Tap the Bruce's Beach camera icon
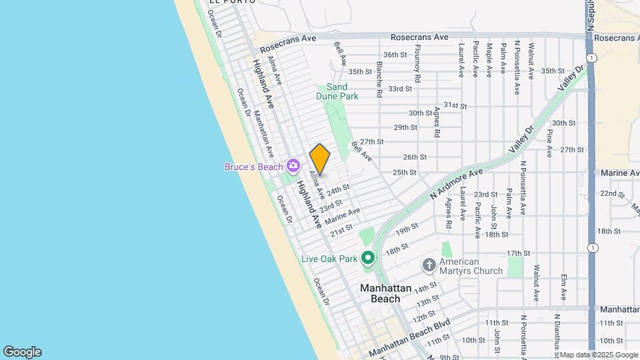tap(292, 166)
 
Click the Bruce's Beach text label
tap(253, 167)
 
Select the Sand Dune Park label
tap(337, 91)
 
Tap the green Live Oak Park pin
tap(367, 257)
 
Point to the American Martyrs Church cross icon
tap(429, 266)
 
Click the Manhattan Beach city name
tap(389, 293)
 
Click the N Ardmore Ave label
tap(456, 183)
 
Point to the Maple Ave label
tap(489, 59)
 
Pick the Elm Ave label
tap(563, 286)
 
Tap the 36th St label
tap(395, 55)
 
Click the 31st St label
tap(455, 105)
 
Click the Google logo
tap(22, 352)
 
